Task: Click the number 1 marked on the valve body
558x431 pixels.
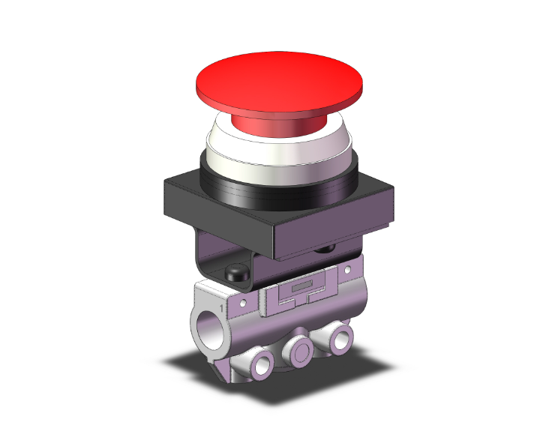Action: [x=221, y=308]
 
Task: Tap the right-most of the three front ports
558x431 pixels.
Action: [x=341, y=331]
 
